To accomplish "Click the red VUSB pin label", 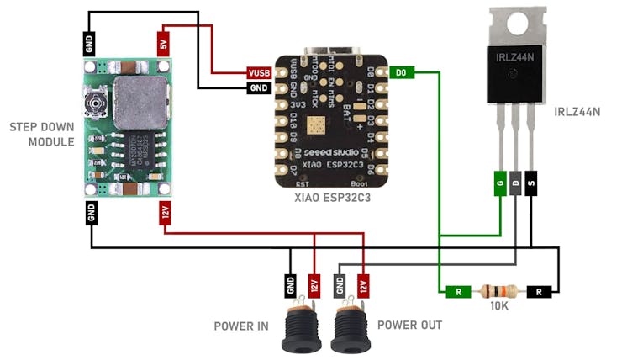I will [x=259, y=73].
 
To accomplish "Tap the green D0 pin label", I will [x=401, y=73].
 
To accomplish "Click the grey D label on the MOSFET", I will [x=516, y=182].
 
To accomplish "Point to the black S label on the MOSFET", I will [x=531, y=182].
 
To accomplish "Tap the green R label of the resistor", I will [x=459, y=292].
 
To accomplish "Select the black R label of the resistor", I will [x=540, y=292].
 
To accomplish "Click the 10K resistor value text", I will [x=499, y=308].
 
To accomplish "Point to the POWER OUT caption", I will [x=409, y=325].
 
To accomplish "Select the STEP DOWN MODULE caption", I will [x=40, y=134].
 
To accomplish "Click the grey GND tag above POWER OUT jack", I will [x=340, y=287].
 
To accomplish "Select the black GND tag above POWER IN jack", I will [x=290, y=287].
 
